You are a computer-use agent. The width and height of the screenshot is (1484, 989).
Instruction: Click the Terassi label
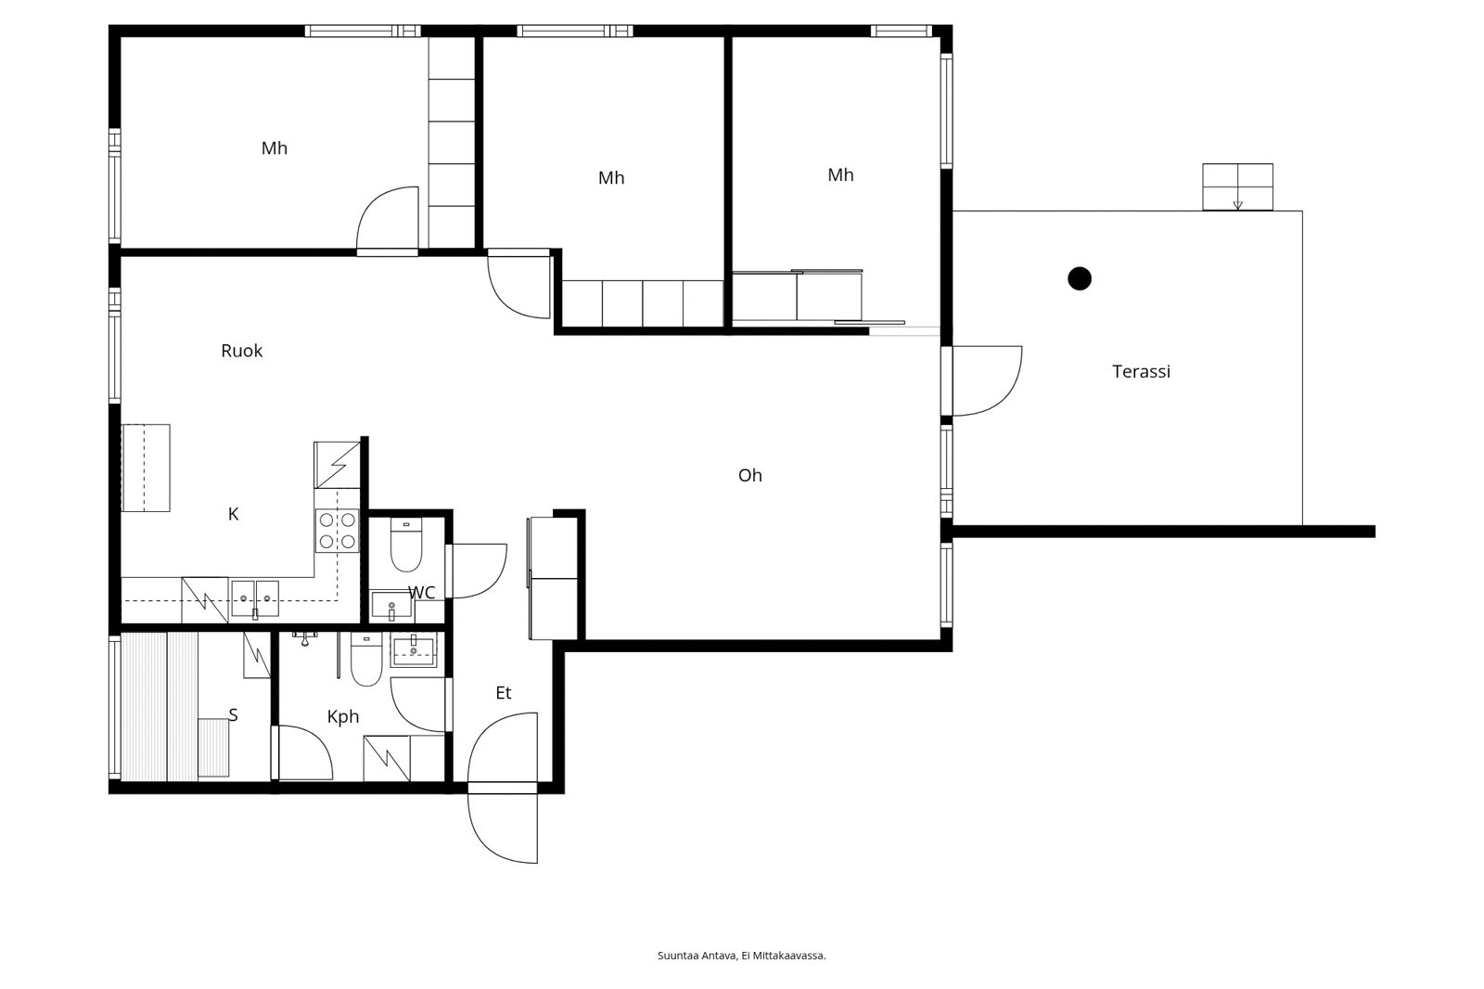(x=1141, y=371)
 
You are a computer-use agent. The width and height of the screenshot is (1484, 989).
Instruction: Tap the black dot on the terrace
(x=1080, y=278)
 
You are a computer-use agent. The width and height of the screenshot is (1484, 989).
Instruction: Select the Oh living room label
(x=750, y=475)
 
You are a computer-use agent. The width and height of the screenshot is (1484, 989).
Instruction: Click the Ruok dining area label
(x=242, y=351)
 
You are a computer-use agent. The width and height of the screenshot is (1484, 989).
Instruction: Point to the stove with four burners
(x=338, y=531)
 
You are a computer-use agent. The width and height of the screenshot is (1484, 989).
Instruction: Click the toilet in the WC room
(x=406, y=545)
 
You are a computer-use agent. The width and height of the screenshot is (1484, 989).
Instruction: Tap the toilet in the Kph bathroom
(x=366, y=659)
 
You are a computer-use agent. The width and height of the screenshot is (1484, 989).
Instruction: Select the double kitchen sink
(x=255, y=598)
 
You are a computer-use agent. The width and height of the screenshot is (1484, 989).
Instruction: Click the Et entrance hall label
(x=504, y=693)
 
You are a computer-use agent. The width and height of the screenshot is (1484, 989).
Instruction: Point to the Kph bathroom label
(x=343, y=716)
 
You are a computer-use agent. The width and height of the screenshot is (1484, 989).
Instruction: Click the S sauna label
(x=233, y=714)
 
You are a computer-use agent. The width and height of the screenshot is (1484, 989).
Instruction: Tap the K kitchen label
(x=233, y=514)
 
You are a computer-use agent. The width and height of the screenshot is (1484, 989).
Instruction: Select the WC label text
(x=421, y=593)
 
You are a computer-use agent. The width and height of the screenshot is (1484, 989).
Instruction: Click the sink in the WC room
(x=391, y=605)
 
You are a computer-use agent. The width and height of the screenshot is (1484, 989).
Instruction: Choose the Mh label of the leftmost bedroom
(x=275, y=148)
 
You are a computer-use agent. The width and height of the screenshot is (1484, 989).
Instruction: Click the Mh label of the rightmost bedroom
(x=840, y=175)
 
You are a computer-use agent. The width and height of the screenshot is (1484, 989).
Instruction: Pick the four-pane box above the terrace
(x=1237, y=186)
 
